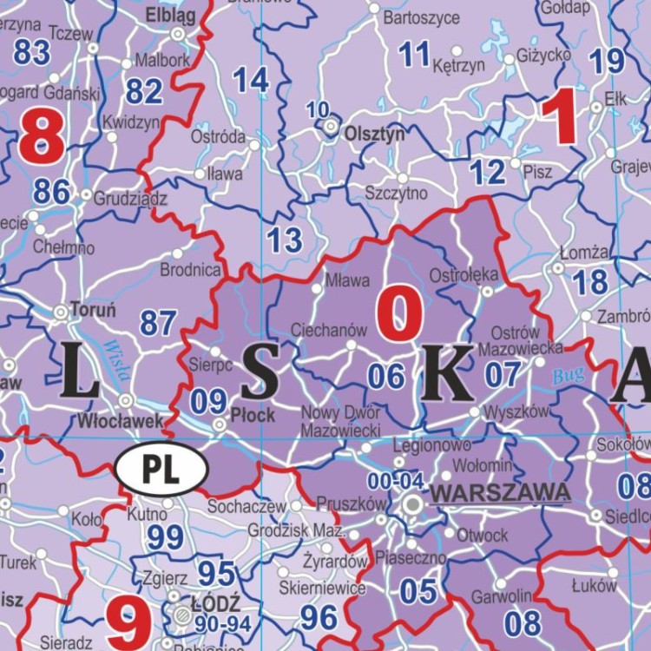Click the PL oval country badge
tap(161, 470)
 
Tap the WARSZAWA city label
tap(501, 493)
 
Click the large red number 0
tap(399, 315)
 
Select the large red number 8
tap(42, 139)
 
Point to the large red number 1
tap(558, 119)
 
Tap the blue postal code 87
tap(159, 324)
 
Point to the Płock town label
tap(253, 416)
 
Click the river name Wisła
tap(116, 360)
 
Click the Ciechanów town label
tap(329, 331)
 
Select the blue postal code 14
tap(251, 81)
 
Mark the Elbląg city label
tap(171, 15)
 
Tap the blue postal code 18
tap(590, 282)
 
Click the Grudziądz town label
tap(130, 197)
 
